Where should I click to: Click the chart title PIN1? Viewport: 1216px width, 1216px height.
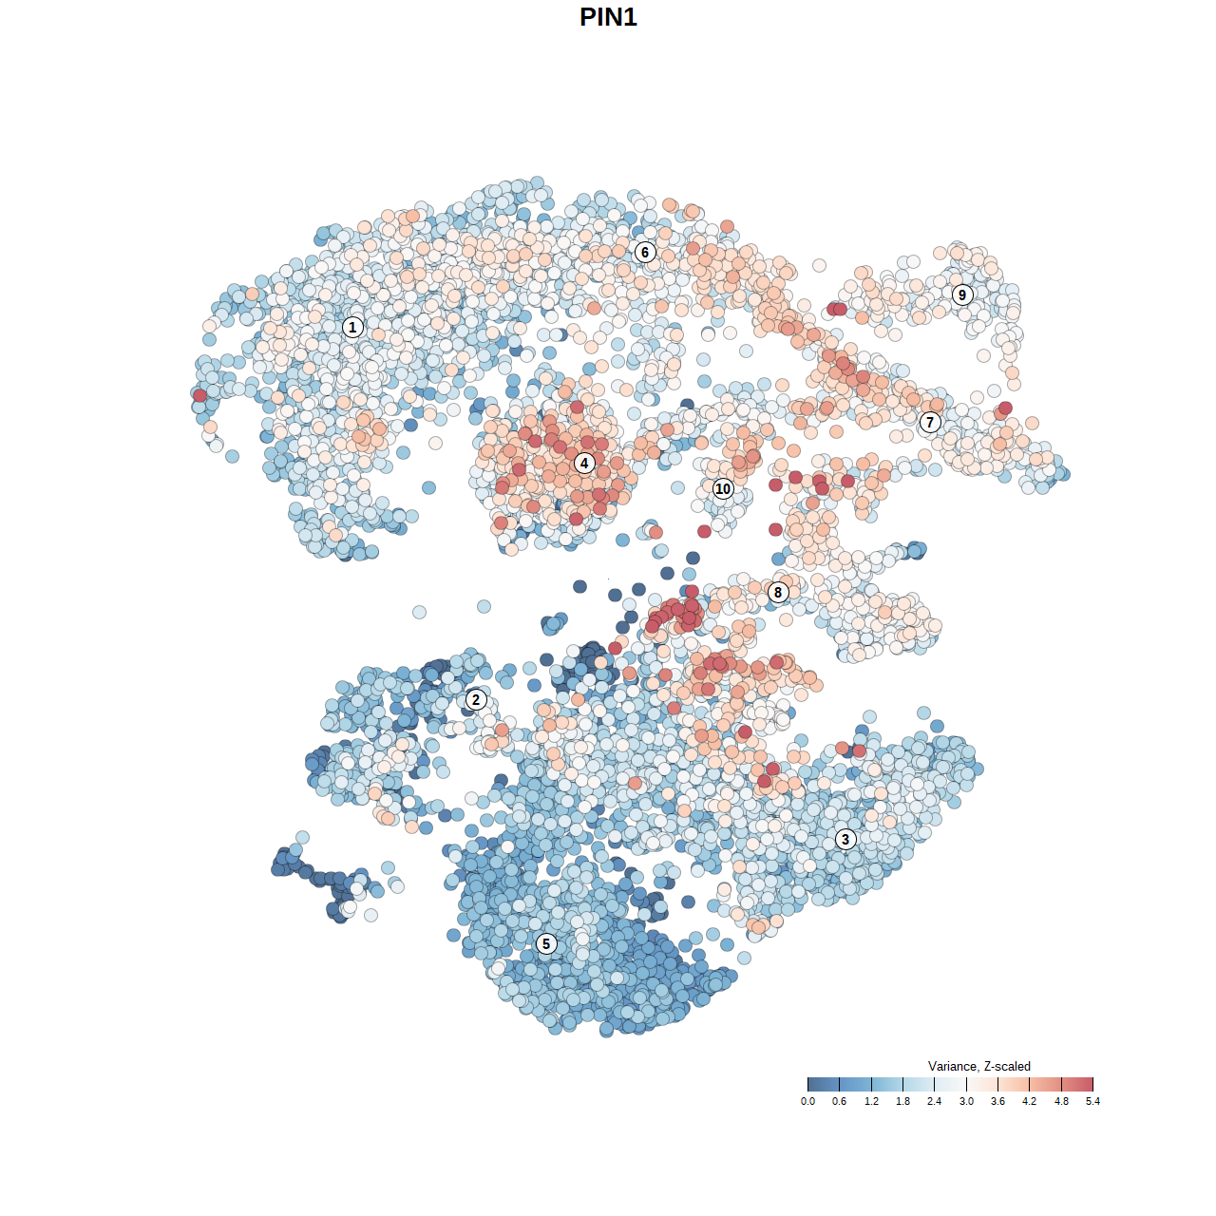(x=608, y=17)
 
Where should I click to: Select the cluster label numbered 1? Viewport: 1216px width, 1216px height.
(x=352, y=327)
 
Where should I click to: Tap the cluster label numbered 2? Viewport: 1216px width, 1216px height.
(x=476, y=700)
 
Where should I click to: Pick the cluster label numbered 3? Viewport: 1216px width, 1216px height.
(x=845, y=839)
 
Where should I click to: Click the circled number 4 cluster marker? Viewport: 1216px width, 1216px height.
(x=584, y=463)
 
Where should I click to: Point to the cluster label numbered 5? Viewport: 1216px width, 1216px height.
(x=545, y=943)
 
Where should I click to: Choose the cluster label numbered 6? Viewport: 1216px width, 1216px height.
(x=645, y=252)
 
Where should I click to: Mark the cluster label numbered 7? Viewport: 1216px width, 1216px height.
(x=930, y=423)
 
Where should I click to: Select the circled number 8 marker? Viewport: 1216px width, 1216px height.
(x=778, y=592)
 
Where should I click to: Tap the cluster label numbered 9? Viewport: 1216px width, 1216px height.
(x=962, y=294)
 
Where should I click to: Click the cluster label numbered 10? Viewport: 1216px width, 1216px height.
(x=723, y=488)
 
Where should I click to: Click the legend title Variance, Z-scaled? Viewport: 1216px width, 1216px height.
(x=978, y=1066)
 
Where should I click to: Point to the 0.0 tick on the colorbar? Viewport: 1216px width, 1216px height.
(x=807, y=1101)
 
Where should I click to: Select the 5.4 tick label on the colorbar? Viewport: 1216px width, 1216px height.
(x=1092, y=1101)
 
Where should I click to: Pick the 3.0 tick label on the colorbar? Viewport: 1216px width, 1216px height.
(x=966, y=1101)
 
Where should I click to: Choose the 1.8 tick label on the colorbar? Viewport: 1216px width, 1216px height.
(x=902, y=1101)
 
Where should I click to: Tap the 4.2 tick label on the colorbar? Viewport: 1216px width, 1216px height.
(x=1029, y=1101)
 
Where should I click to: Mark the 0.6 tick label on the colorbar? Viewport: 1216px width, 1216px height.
(x=839, y=1101)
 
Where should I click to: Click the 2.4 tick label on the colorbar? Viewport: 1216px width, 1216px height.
(x=935, y=1101)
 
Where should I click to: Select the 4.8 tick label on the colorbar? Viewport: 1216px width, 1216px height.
(x=1061, y=1101)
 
